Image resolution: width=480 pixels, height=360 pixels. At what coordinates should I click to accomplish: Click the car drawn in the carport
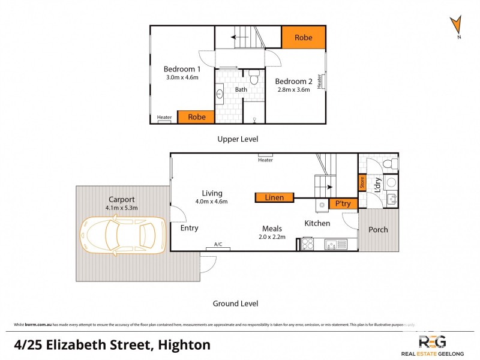[x=122, y=235]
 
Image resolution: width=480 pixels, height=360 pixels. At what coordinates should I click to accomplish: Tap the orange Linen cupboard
[x=274, y=197]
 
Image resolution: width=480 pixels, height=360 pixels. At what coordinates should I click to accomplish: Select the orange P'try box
[x=343, y=204]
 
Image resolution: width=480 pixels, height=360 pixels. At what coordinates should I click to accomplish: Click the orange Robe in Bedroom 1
[x=196, y=117]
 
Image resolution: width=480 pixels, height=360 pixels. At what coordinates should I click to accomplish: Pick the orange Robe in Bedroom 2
[x=304, y=38]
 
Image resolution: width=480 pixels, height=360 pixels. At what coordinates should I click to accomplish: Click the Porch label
[x=378, y=229]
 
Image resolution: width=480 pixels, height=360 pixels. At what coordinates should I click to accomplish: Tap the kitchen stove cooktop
[x=307, y=244]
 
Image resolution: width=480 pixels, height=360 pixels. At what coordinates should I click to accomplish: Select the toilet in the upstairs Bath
[x=254, y=78]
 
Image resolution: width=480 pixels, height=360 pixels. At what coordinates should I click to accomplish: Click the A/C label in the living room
[x=218, y=244]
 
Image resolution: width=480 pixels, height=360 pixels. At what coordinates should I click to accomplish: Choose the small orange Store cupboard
[x=362, y=182]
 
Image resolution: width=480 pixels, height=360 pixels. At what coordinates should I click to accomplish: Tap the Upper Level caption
[x=238, y=139]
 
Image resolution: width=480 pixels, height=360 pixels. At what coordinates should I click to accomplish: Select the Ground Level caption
[x=235, y=304]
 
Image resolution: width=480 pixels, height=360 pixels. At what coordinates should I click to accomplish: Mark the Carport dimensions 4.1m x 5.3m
[x=122, y=208]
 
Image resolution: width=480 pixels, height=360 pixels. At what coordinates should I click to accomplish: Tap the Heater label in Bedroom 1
[x=164, y=118]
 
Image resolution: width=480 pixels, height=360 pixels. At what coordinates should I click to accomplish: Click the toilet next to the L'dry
[x=391, y=164]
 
